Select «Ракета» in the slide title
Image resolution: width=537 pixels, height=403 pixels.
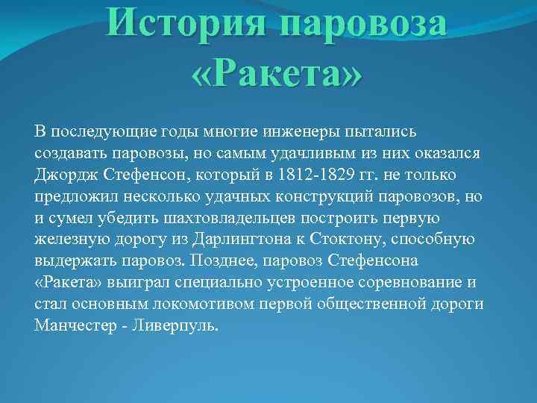pyautogui.click(x=277, y=75)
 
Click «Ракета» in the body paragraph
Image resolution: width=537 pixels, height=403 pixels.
pyautogui.click(x=69, y=283)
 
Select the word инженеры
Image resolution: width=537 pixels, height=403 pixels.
pyautogui.click(x=298, y=131)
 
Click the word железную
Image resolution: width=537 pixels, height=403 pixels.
pyautogui.click(x=67, y=240)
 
